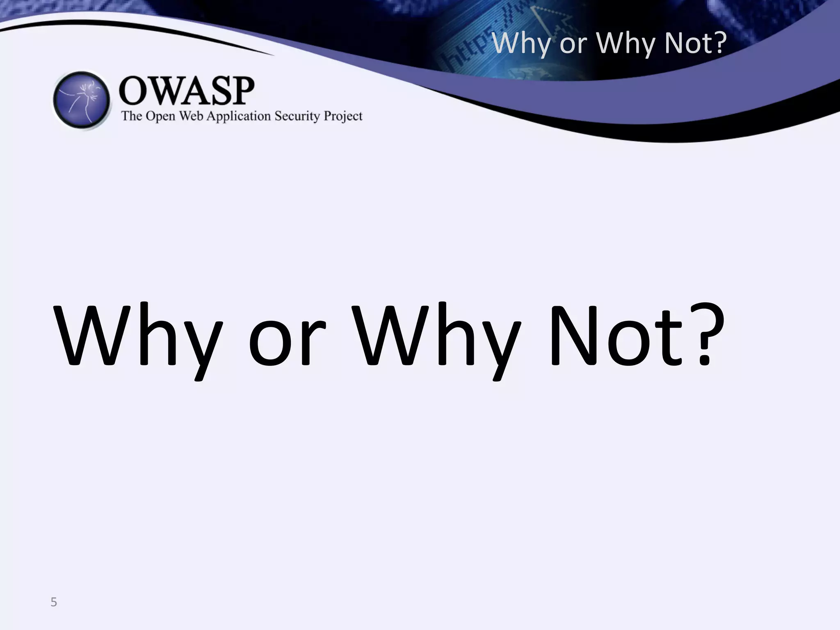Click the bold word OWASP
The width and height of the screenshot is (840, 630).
click(187, 91)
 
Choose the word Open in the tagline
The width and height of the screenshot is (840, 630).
click(160, 116)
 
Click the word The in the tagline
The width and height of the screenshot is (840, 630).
click(132, 116)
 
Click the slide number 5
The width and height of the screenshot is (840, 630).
click(53, 602)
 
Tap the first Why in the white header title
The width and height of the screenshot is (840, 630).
click(521, 44)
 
